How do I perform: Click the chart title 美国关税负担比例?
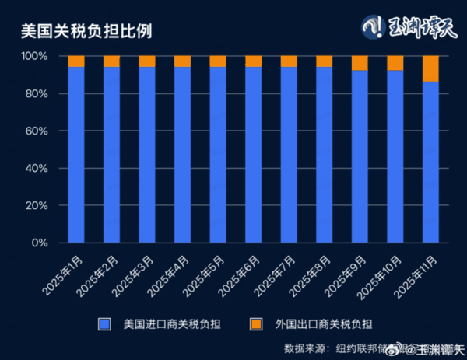pyautogui.click(x=86, y=31)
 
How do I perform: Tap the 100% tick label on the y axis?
pyautogui.click(x=34, y=57)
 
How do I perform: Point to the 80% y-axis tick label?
pyautogui.click(x=37, y=94)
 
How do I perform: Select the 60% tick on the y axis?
pyautogui.click(x=37, y=131)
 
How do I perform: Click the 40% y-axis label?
pyautogui.click(x=37, y=169)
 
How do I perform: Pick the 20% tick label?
pyautogui.click(x=37, y=206)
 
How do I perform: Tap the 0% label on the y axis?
pyautogui.click(x=40, y=243)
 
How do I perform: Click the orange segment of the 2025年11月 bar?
pyautogui.click(x=430, y=68)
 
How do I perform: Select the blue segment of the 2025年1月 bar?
pyautogui.click(x=76, y=156)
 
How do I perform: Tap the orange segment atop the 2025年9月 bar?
pyautogui.click(x=360, y=63)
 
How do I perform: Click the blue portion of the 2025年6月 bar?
pyautogui.click(x=253, y=156)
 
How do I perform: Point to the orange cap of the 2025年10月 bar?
pyautogui.click(x=395, y=63)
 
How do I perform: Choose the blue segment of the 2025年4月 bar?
pyautogui.click(x=182, y=156)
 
